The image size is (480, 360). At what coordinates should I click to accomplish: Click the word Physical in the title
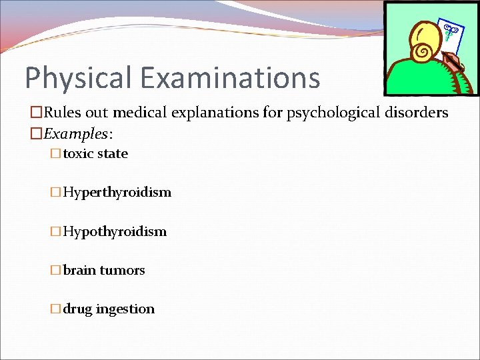77,77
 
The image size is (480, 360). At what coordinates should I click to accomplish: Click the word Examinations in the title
229,77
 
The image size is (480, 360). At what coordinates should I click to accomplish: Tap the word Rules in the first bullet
63,113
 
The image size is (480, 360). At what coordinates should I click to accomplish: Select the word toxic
78,153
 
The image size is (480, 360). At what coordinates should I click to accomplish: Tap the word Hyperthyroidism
117,193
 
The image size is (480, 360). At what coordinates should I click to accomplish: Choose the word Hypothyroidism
115,231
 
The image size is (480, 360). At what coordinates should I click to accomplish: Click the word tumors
122,270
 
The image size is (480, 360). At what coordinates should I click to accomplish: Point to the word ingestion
125,309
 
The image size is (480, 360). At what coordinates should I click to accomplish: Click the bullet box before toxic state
55,153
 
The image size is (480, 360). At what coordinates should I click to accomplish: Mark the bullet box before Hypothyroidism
55,231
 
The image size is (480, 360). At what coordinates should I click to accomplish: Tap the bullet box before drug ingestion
55,309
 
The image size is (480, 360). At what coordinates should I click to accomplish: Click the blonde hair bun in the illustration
423,51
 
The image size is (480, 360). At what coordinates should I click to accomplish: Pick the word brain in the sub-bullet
79,270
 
